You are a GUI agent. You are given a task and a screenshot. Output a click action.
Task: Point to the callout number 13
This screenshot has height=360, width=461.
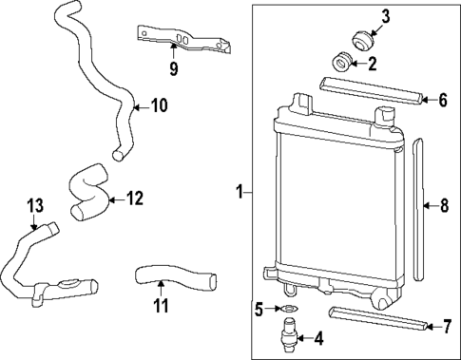tap(35, 204)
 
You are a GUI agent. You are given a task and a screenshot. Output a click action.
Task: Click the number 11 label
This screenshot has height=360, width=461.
tap(161, 305)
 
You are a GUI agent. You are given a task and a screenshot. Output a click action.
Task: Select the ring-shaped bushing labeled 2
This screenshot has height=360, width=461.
tap(343, 63)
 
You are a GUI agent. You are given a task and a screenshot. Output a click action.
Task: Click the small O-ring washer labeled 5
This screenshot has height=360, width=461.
tap(288, 308)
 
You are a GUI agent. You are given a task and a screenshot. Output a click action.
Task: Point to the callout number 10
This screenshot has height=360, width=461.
tap(158, 105)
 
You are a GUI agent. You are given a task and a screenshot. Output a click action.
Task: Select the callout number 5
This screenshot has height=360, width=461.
tap(258, 308)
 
